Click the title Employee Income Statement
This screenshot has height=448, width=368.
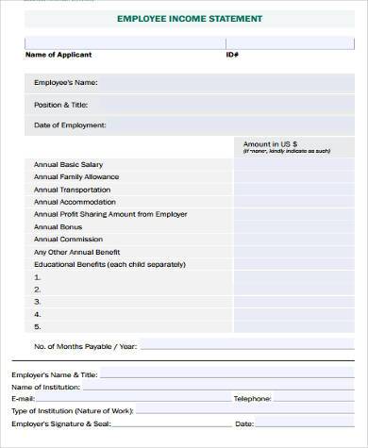click(x=190, y=18)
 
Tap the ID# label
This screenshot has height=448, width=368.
click(x=232, y=55)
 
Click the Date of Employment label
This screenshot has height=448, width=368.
click(x=70, y=124)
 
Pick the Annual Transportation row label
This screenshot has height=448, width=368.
click(x=72, y=189)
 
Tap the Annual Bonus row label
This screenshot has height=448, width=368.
click(x=59, y=226)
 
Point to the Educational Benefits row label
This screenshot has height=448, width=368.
click(x=109, y=264)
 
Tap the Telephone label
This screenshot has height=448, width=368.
click(x=252, y=399)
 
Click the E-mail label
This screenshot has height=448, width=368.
click(x=23, y=399)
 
